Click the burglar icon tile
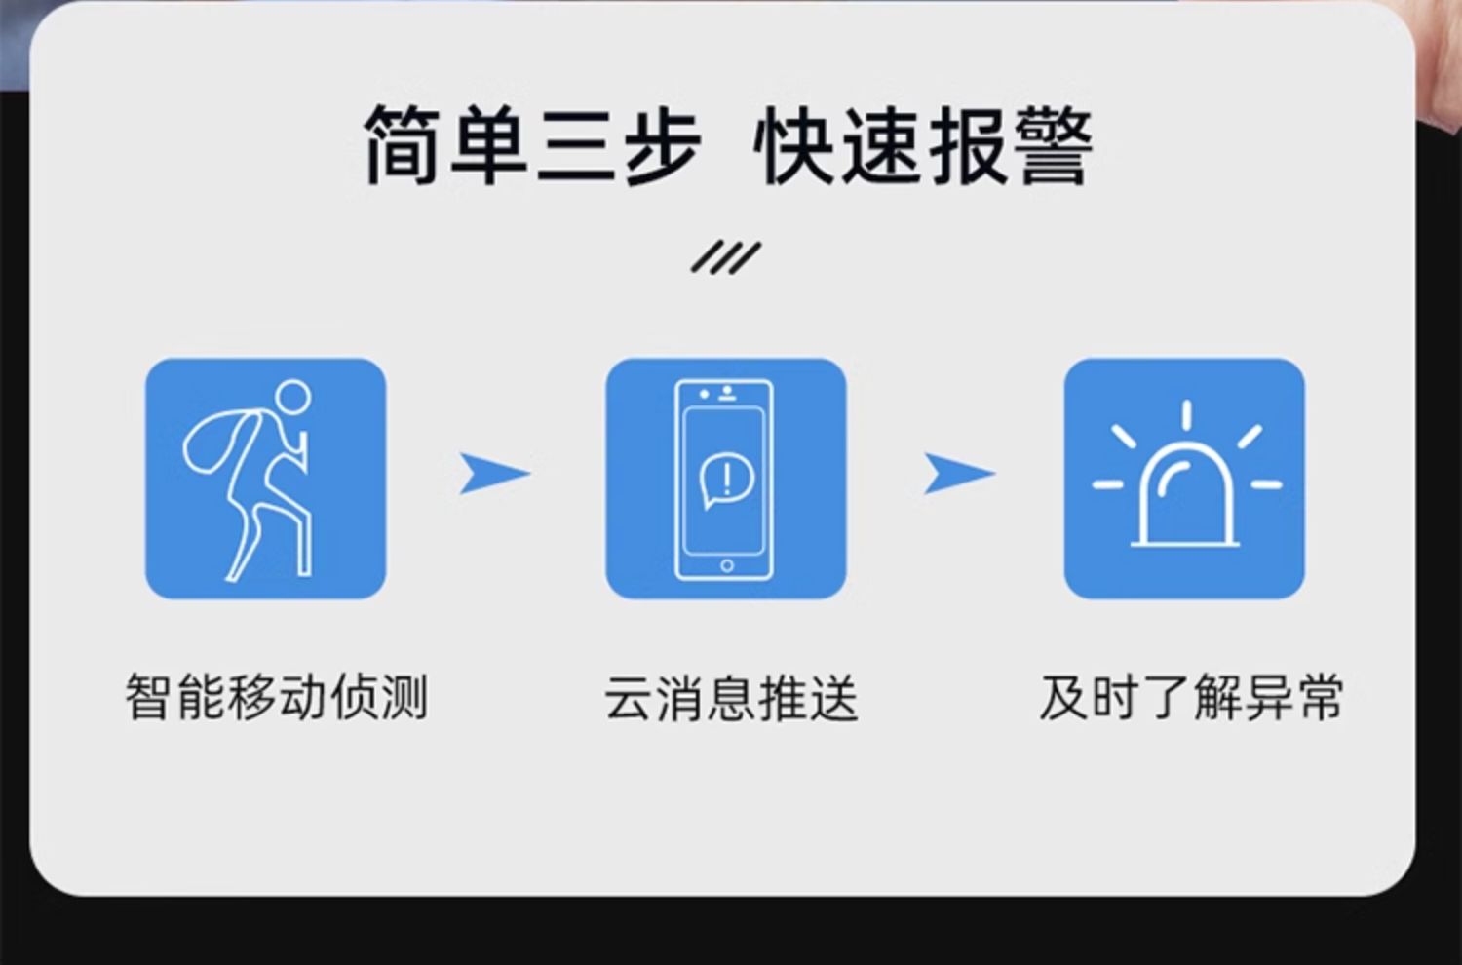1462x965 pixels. [x=265, y=478]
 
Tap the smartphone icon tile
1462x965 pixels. [x=725, y=478]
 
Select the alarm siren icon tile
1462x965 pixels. [x=1183, y=478]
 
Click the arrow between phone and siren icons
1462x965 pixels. [x=957, y=474]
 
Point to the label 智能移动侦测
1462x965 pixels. [x=277, y=698]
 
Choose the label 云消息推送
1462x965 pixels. [x=730, y=698]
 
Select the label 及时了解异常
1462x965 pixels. [x=1191, y=698]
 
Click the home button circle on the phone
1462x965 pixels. [x=726, y=565]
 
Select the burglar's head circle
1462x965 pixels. [x=292, y=397]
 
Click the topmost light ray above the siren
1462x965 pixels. [x=1186, y=414]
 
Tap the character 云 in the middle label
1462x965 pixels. [x=629, y=698]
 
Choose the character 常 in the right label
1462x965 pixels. [x=1319, y=698]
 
